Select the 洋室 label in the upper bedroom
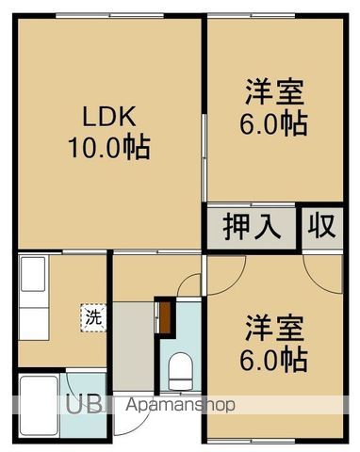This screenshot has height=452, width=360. pyautogui.click(x=275, y=94)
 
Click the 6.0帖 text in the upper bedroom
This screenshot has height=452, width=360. pyautogui.click(x=275, y=124)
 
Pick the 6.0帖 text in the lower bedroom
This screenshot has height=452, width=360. pyautogui.click(x=275, y=359)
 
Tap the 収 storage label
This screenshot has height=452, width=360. pyautogui.click(x=321, y=228)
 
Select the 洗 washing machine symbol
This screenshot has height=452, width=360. pyautogui.click(x=92, y=317)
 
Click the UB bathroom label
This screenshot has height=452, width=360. pyautogui.click(x=85, y=404)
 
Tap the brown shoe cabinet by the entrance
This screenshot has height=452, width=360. pyautogui.click(x=164, y=315)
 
